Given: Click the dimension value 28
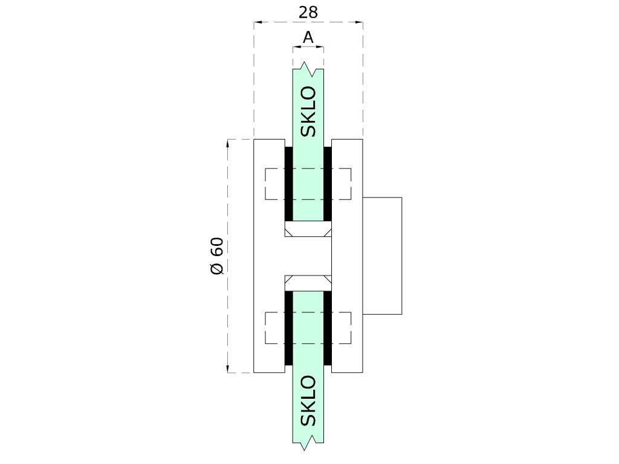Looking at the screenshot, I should point(308,11).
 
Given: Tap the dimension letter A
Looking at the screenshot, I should point(308,37).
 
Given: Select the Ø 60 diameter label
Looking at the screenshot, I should point(218,256).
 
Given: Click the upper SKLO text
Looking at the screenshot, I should point(308,112).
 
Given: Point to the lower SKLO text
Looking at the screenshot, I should point(308,401).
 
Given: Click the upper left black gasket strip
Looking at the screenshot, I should point(288,184).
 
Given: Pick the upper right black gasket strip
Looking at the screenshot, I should point(328,184).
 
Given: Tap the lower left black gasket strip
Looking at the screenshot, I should point(288,328).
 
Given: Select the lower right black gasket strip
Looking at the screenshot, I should point(328,328).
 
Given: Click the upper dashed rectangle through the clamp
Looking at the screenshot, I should point(308,184).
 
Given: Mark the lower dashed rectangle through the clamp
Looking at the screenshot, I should point(308,329).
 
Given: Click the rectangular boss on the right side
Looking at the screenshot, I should point(382,256).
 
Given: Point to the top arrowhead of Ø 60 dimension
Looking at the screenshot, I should point(228,143).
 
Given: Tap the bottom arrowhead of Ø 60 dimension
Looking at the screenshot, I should point(228,369).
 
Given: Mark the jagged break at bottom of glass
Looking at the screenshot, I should point(308,445).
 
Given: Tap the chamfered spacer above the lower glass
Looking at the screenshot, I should point(308,282).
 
